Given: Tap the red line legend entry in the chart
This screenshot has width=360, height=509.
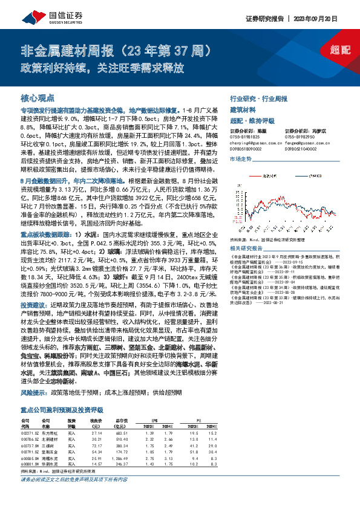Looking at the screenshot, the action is click(261, 177).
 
